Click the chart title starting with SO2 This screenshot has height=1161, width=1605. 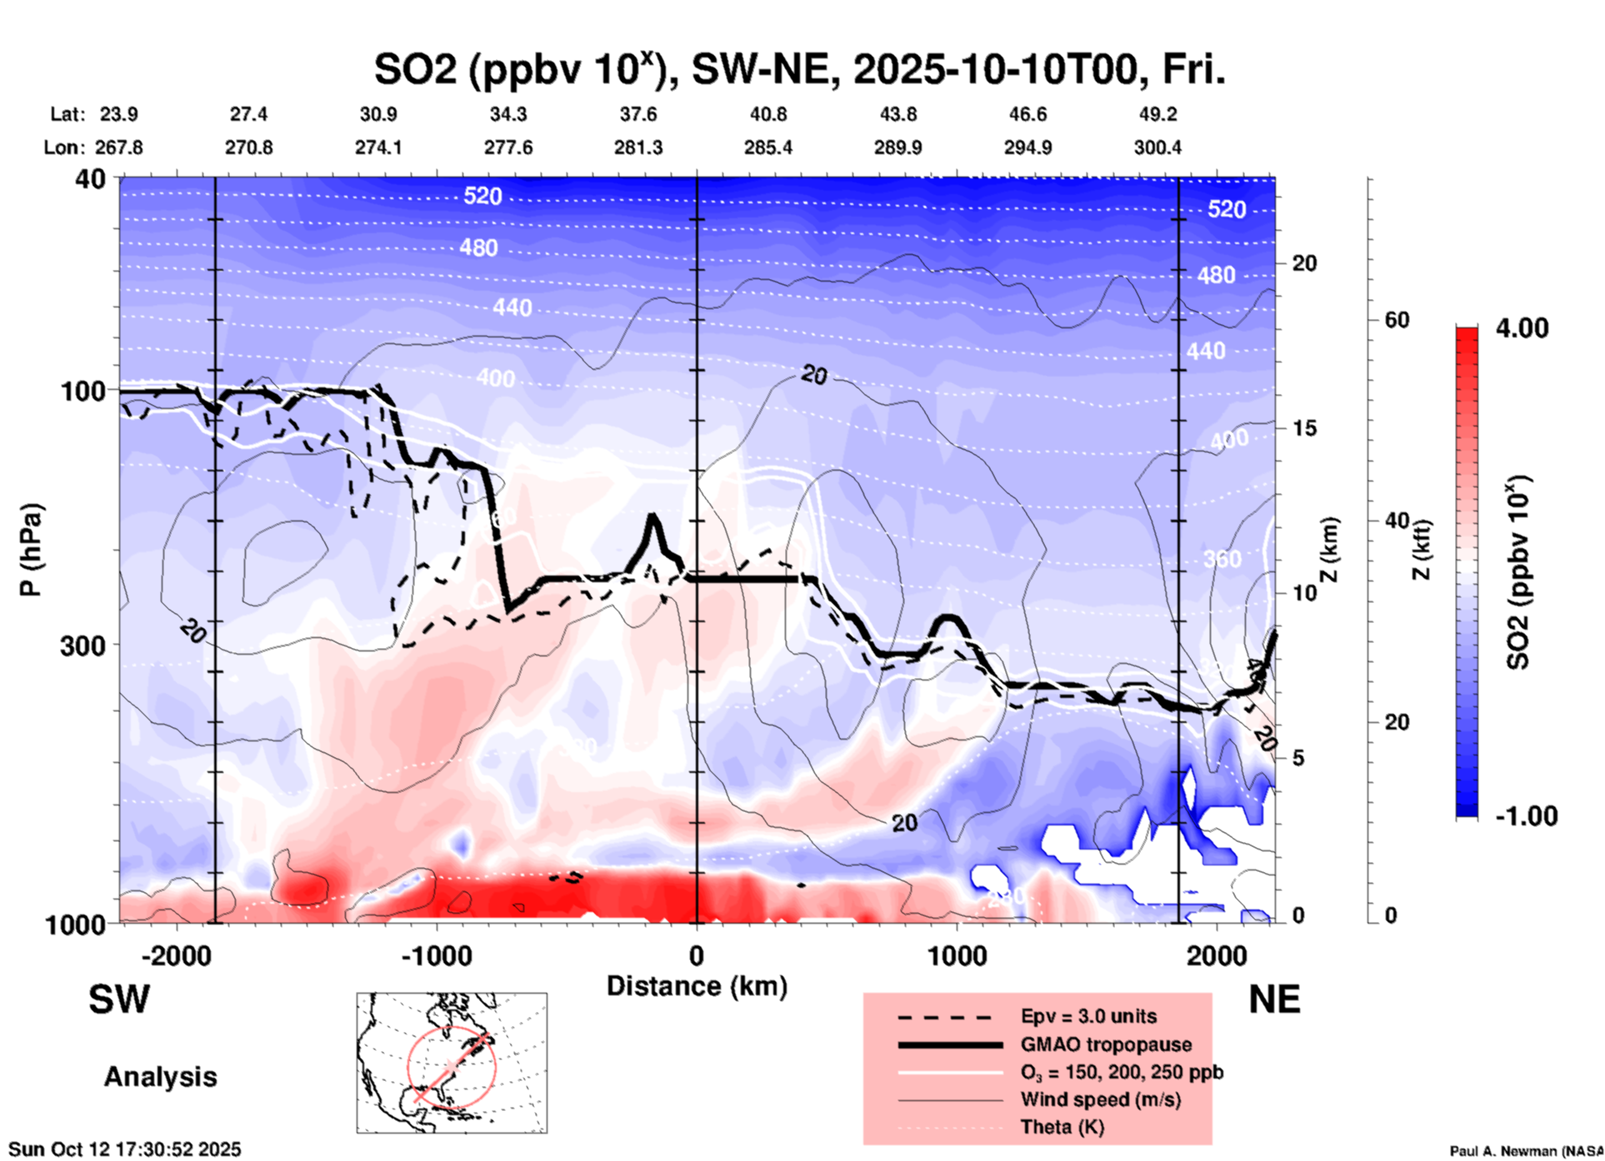[x=799, y=70]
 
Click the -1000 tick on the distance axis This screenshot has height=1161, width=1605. [x=436, y=955]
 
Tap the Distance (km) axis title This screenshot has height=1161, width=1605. [x=697, y=986]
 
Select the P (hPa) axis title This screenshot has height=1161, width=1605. [x=31, y=550]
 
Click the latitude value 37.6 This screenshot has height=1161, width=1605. [x=638, y=114]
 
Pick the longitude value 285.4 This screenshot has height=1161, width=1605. [x=767, y=147]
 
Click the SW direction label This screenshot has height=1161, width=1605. [x=119, y=999]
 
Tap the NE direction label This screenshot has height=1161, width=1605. [x=1274, y=999]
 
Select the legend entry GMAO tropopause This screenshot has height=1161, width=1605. [x=1106, y=1044]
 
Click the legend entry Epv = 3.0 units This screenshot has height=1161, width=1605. [x=1088, y=1016]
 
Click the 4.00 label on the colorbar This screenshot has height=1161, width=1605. [x=1522, y=328]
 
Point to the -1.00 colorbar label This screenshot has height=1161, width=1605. [x=1526, y=816]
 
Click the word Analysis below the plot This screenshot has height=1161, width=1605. [x=160, y=1077]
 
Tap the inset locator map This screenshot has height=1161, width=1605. [x=452, y=1063]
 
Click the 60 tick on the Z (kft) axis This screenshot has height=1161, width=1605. [x=1397, y=320]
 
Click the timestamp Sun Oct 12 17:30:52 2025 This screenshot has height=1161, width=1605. [x=125, y=1149]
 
